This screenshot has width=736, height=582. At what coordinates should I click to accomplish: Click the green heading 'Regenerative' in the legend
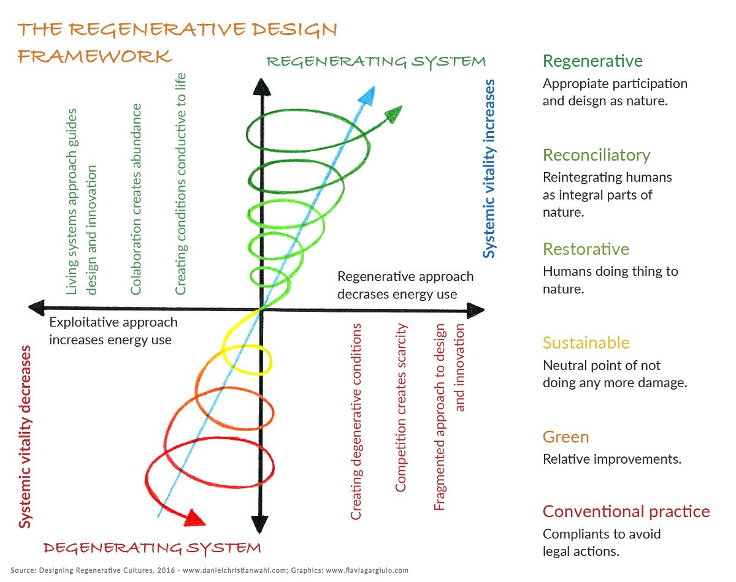tap(592, 61)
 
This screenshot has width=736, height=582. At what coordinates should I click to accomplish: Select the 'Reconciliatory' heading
tap(597, 155)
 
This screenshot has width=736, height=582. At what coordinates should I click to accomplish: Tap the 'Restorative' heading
tap(586, 249)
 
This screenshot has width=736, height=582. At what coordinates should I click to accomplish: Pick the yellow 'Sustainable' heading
tap(586, 342)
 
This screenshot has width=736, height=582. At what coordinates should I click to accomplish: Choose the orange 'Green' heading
tap(565, 437)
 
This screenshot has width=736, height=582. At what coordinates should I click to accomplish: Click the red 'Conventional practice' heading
tap(626, 512)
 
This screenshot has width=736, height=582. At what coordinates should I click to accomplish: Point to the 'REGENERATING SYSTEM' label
tap(375, 62)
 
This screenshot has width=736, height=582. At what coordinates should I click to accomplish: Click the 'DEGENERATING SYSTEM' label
tap(152, 547)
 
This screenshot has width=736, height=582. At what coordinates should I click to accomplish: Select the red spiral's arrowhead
tap(195, 518)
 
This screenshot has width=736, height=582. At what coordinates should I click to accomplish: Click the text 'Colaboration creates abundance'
tap(136, 199)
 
